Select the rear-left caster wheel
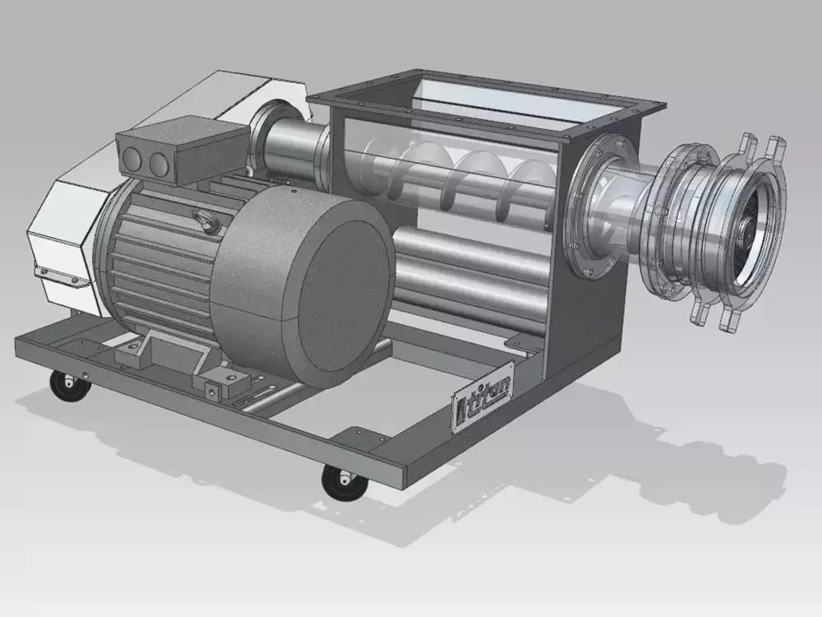[x=70, y=386]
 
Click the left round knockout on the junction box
[x=132, y=158]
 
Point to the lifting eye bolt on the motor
[x=203, y=219]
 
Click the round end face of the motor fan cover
[x=340, y=295]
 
